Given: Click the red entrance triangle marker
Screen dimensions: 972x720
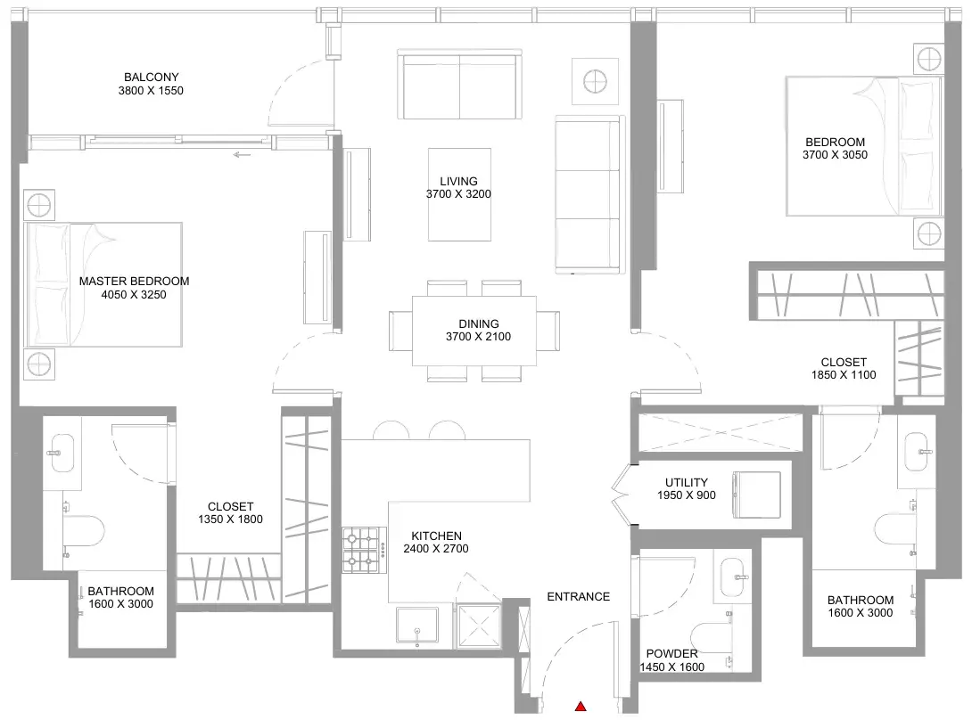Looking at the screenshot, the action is click(581, 706).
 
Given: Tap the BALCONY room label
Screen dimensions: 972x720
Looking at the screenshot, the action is click(152, 77).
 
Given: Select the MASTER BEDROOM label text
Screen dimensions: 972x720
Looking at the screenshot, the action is click(134, 281).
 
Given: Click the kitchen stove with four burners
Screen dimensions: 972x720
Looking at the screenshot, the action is click(361, 550).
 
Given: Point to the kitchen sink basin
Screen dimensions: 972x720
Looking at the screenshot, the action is click(417, 626).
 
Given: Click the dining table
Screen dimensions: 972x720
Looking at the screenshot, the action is click(474, 331).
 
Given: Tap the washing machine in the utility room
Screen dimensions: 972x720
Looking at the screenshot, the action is click(756, 495).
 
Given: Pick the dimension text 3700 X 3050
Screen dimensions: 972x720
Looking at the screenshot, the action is click(835, 155).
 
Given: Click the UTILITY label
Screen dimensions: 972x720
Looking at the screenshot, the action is click(687, 482).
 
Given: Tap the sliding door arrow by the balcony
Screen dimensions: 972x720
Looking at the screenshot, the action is click(242, 154).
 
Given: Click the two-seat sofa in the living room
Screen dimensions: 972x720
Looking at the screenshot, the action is click(459, 85).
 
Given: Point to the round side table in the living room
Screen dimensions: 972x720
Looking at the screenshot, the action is click(595, 81).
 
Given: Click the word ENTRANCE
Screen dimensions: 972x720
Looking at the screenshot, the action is click(579, 597).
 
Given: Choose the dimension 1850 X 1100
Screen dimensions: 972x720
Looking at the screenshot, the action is click(844, 375).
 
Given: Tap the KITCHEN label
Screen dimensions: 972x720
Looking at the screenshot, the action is click(436, 536).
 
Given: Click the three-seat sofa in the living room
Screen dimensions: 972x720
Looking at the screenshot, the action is click(589, 194).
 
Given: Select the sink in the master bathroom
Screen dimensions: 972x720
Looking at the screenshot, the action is click(61, 453).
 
